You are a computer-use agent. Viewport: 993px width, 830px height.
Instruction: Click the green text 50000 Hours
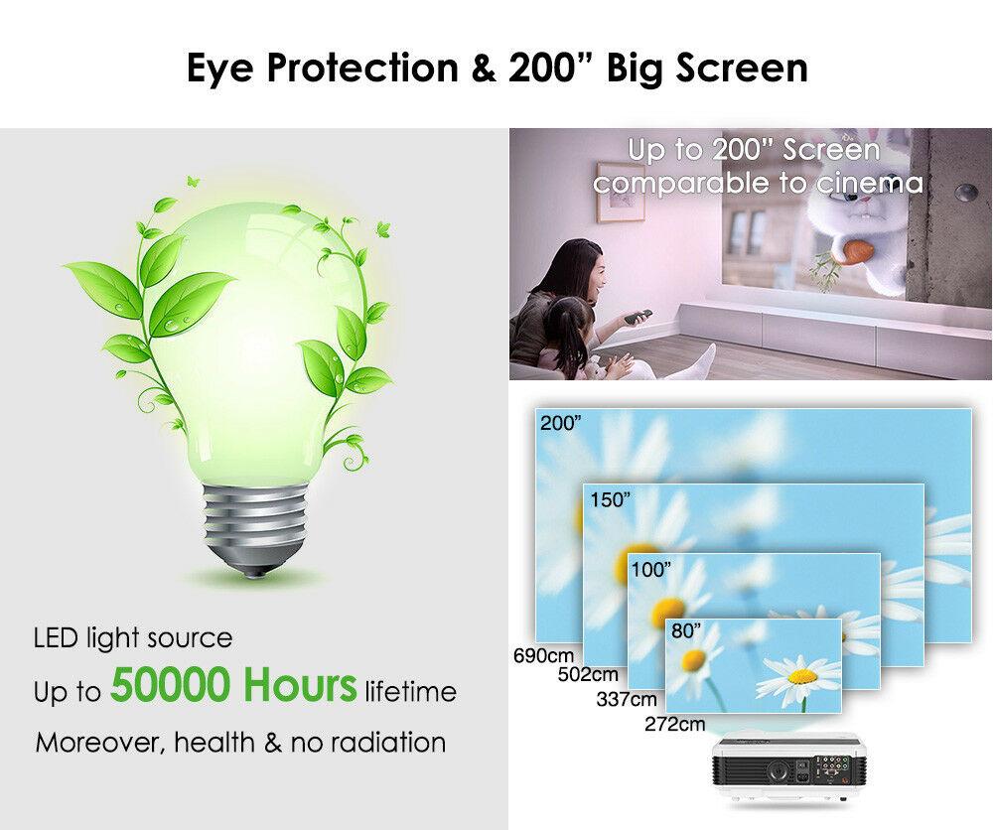(x=233, y=685)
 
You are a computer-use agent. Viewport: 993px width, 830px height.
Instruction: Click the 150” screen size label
(x=611, y=499)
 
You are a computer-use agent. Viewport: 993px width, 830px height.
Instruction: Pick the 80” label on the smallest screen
(x=686, y=630)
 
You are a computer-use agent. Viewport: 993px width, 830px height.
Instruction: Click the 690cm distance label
(x=543, y=655)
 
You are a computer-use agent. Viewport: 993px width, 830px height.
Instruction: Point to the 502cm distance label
(x=588, y=675)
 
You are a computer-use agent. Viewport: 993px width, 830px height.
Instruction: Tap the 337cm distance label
(x=627, y=700)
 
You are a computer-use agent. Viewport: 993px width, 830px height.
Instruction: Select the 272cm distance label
(x=674, y=724)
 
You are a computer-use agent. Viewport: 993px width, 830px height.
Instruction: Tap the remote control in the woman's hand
(x=638, y=316)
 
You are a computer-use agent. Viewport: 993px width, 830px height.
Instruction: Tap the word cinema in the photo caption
(x=868, y=183)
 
